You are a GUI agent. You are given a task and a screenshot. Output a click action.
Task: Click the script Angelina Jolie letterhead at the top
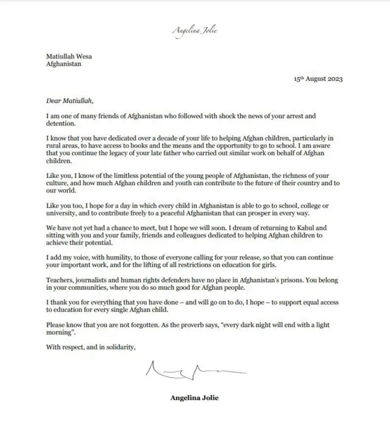pos(195,30)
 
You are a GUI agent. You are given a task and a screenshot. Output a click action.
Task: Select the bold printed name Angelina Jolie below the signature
pos(194,398)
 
